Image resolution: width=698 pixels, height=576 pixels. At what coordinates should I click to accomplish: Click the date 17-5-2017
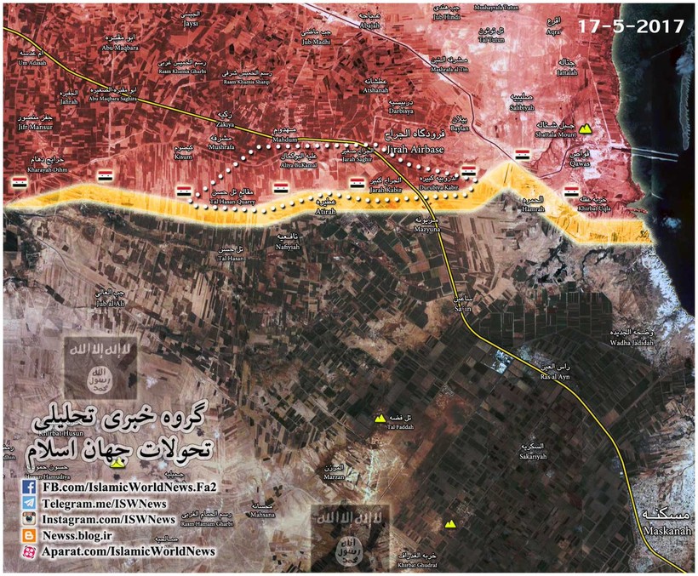click(x=631, y=26)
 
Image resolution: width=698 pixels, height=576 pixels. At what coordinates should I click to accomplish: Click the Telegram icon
click(x=28, y=504)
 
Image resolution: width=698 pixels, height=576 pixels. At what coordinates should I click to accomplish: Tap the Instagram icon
click(x=28, y=519)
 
